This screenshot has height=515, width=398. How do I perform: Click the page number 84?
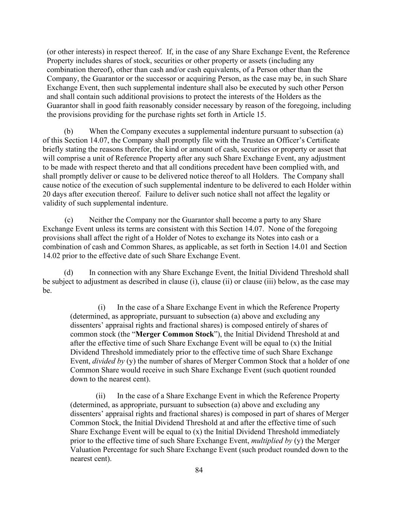click(199, 470)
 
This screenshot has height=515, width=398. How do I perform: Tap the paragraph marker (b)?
click(68, 132)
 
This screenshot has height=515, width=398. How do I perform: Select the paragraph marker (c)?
click(69, 220)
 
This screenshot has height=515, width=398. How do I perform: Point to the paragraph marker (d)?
click(68, 273)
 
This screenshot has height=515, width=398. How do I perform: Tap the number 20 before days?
click(46, 194)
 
